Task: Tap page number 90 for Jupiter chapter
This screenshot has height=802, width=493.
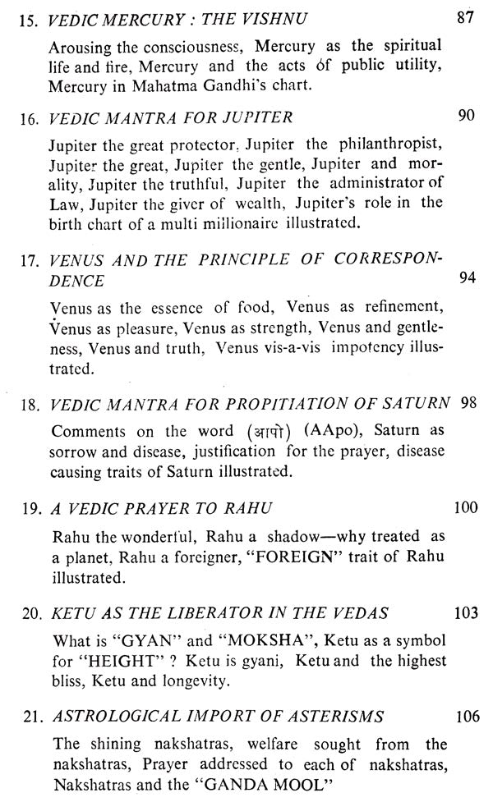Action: [465, 116]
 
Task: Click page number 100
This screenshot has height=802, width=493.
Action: [465, 508]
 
